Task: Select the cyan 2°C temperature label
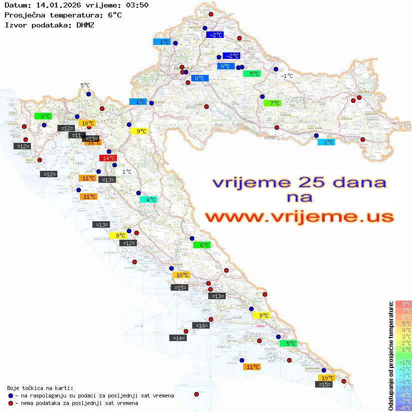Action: (x=327, y=142)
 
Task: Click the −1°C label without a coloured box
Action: (x=286, y=76)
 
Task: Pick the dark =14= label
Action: (x=179, y=338)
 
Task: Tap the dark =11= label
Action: (x=77, y=135)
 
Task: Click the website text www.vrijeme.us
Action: (x=299, y=217)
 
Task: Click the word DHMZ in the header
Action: (x=85, y=24)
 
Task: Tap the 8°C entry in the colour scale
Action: (x=404, y=304)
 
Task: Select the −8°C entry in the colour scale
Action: (x=404, y=408)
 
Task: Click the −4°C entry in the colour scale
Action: (x=404, y=382)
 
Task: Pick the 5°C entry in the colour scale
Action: (x=404, y=324)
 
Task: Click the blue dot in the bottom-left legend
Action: (x=10, y=396)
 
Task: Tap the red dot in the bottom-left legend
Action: (x=10, y=403)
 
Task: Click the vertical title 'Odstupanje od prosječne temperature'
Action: (x=392, y=356)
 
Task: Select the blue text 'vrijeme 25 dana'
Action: (x=299, y=182)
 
